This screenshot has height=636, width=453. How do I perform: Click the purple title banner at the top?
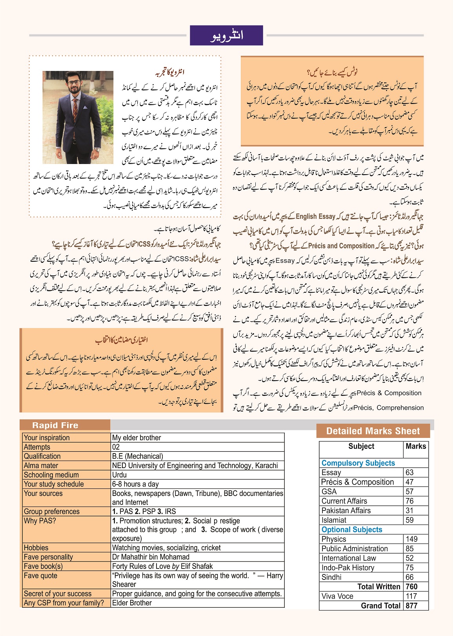pyautogui.click(x=226, y=35)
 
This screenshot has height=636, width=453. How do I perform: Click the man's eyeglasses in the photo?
pyautogui.click(x=75, y=83)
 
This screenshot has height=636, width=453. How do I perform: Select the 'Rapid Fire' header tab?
pyautogui.click(x=55, y=425)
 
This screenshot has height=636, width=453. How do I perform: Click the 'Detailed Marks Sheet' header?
pyautogui.click(x=373, y=431)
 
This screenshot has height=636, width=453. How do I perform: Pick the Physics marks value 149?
pyautogui.click(x=411, y=539)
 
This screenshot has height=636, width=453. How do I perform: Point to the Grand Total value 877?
pyautogui.click(x=411, y=605)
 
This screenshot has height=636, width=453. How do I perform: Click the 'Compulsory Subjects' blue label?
pyautogui.click(x=358, y=463)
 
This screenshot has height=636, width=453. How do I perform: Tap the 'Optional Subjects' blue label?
pyautogui.click(x=352, y=530)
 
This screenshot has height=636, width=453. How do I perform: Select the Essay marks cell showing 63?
pyautogui.click(x=410, y=472)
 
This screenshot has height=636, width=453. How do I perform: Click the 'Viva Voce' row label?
pyautogui.click(x=337, y=596)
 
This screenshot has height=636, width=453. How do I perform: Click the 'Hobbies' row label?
pyautogui.click(x=36, y=548)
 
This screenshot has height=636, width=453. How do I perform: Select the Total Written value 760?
pyautogui.click(x=411, y=587)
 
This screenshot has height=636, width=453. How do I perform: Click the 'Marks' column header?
pyautogui.click(x=416, y=446)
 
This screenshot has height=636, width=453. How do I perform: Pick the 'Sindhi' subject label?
pyautogui.click(x=331, y=577)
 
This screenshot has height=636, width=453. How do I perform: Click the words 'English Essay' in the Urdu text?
pyautogui.click(x=316, y=216)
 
